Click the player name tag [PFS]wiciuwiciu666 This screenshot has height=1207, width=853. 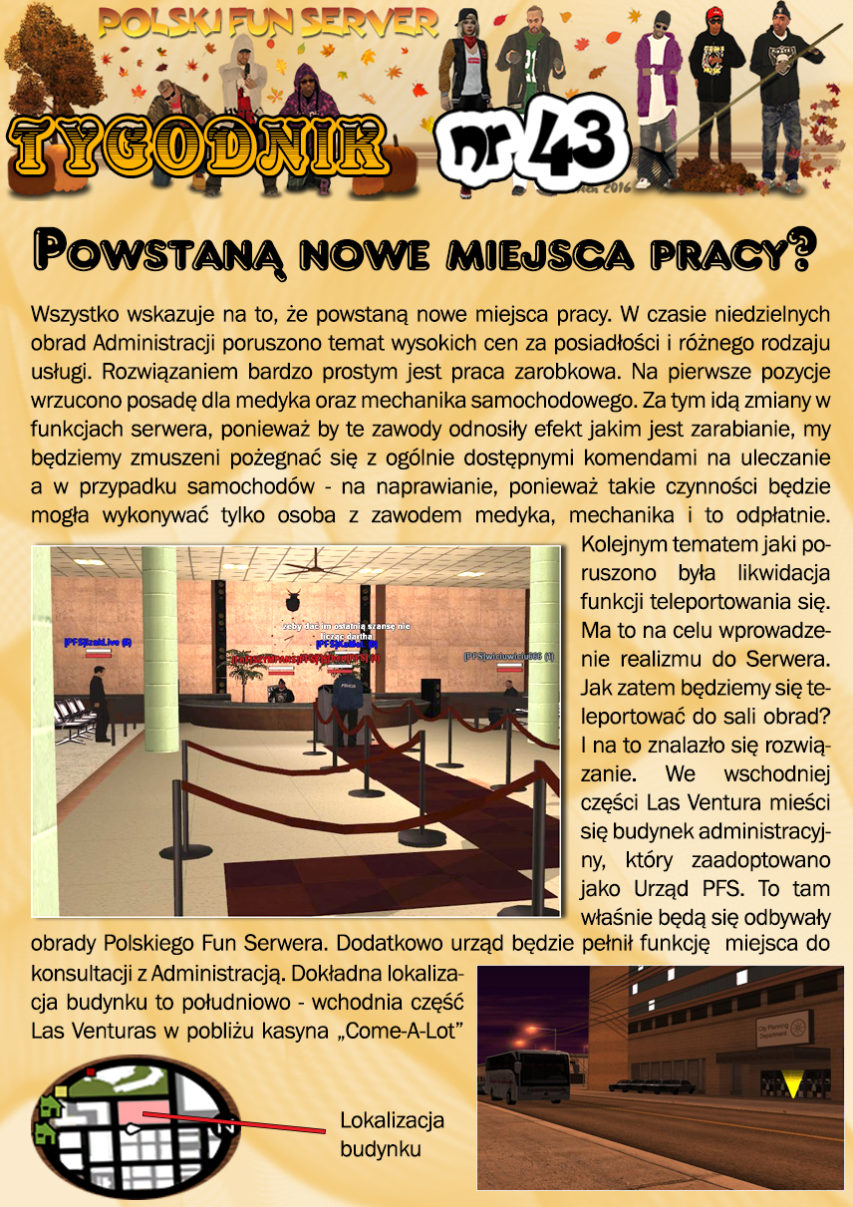pyautogui.click(x=508, y=656)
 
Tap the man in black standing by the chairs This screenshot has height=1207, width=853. pyautogui.click(x=98, y=702)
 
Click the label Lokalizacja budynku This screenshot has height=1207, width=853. pyautogui.click(x=392, y=1134)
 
